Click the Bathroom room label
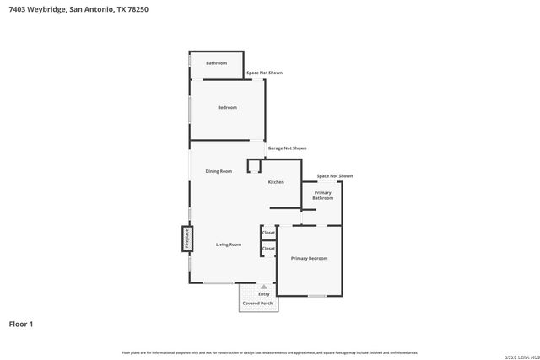coord(217,63)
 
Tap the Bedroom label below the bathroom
coord(227,107)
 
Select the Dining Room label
coord(219,171)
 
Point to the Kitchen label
coord(276,182)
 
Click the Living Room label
coord(228,244)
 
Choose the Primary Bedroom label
coord(309,258)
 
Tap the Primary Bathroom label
coord(322,196)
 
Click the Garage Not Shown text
coord(287,148)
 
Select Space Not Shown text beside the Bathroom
coord(264,73)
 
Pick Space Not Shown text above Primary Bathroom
coord(334,176)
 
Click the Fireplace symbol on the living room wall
coord(186,239)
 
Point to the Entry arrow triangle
coord(263,287)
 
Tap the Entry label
coord(263,293)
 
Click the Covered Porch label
coord(257,302)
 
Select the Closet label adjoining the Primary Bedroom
coord(268,249)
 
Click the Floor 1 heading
coord(21,324)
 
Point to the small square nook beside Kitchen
coord(253,166)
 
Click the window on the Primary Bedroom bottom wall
coord(316,296)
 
